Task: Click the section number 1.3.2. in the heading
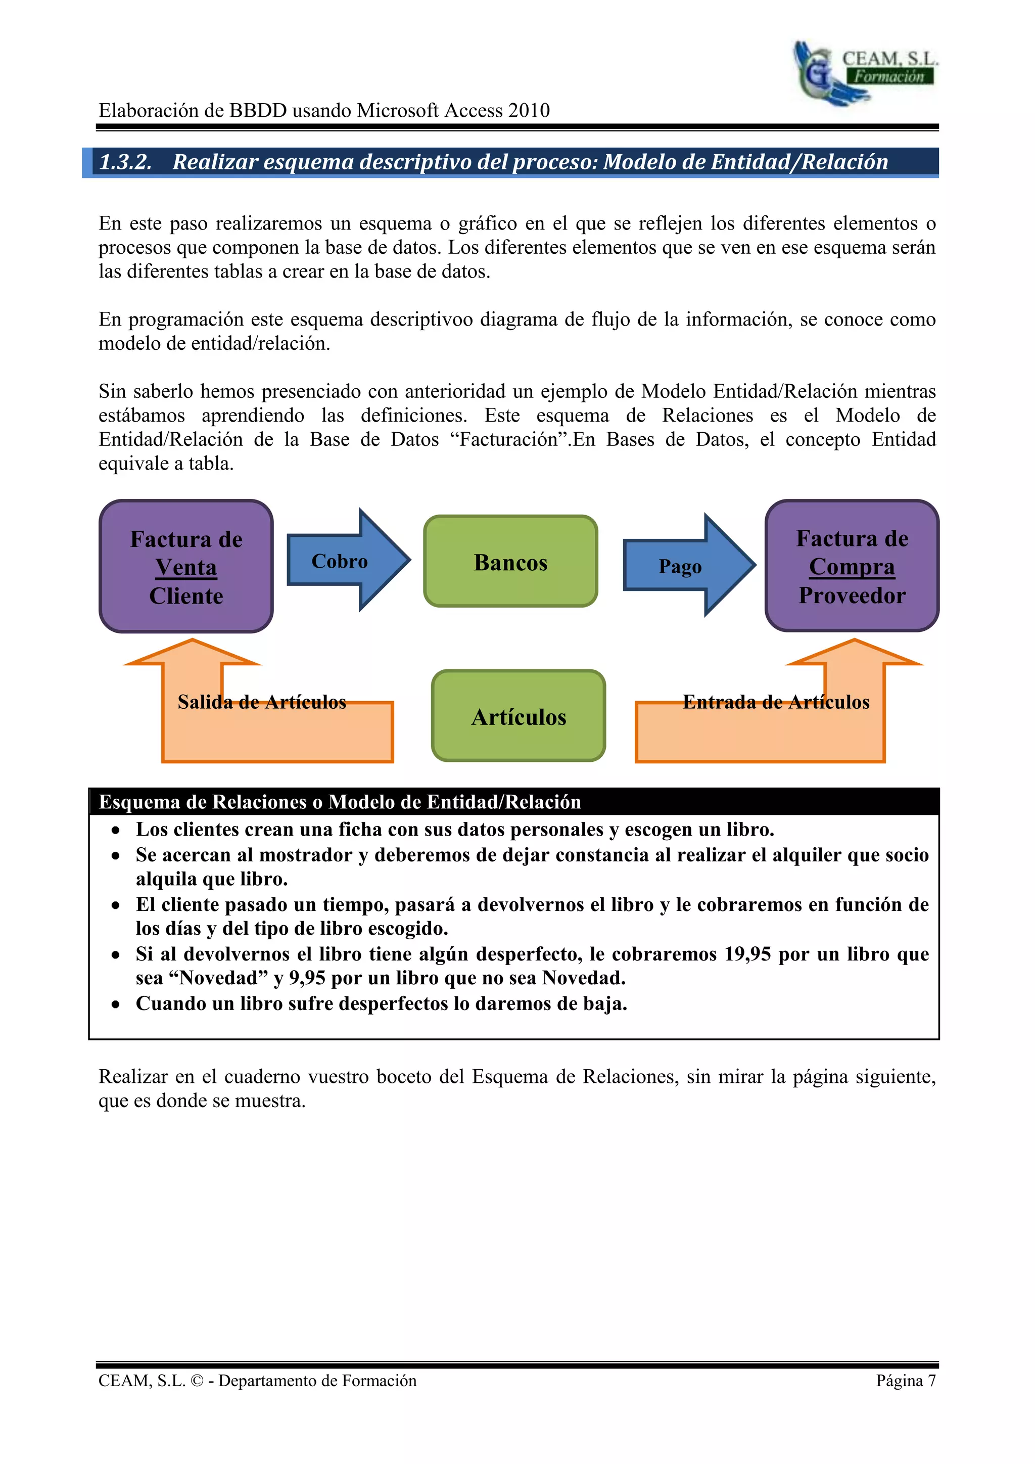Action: [x=125, y=162]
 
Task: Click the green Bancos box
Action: [x=510, y=562]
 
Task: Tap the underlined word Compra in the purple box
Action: [x=852, y=567]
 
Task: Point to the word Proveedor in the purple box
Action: [x=852, y=596]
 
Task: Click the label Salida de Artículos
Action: [x=261, y=702]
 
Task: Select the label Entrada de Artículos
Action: [x=776, y=702]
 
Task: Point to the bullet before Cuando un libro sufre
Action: [x=115, y=1005]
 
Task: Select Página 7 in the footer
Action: [x=905, y=1381]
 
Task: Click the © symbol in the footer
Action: [x=198, y=1381]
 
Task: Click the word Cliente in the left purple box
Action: [x=186, y=596]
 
